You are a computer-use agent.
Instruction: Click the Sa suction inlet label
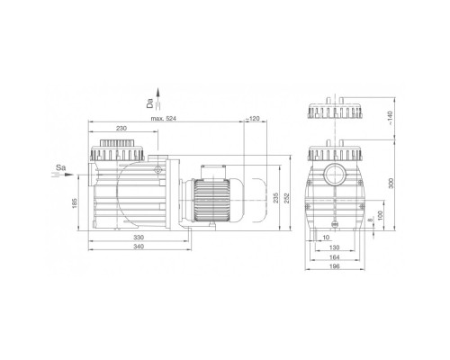pos(60,167)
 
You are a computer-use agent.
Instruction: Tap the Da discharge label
pos(149,103)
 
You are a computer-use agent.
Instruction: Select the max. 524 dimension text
pos(164,119)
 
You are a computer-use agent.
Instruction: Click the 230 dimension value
pos(121,128)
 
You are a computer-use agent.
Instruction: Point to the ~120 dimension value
pos(253,119)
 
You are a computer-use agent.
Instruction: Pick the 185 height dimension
pos(75,203)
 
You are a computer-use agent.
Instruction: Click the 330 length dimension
pos(139,238)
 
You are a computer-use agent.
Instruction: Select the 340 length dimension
pos(139,247)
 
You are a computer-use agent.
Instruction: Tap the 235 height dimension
pos(276,198)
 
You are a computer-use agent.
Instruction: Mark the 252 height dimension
pos(287,198)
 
